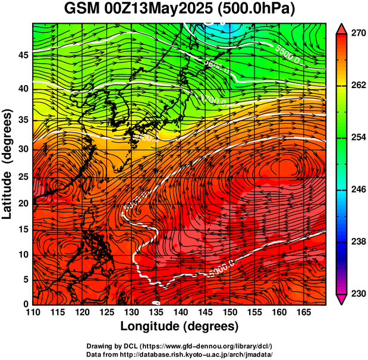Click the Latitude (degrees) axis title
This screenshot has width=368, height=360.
(x=8, y=164)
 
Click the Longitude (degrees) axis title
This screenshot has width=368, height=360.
(x=180, y=327)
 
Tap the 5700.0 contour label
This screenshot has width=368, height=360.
(x=214, y=99)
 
